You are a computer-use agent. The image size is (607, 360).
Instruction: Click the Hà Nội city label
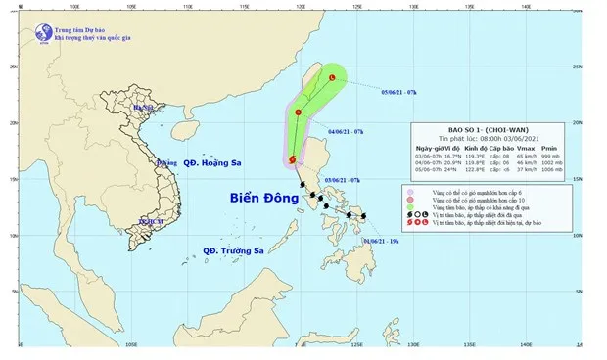coord(145,109)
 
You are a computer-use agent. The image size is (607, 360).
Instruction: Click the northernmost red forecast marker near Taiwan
coord(332,78)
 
